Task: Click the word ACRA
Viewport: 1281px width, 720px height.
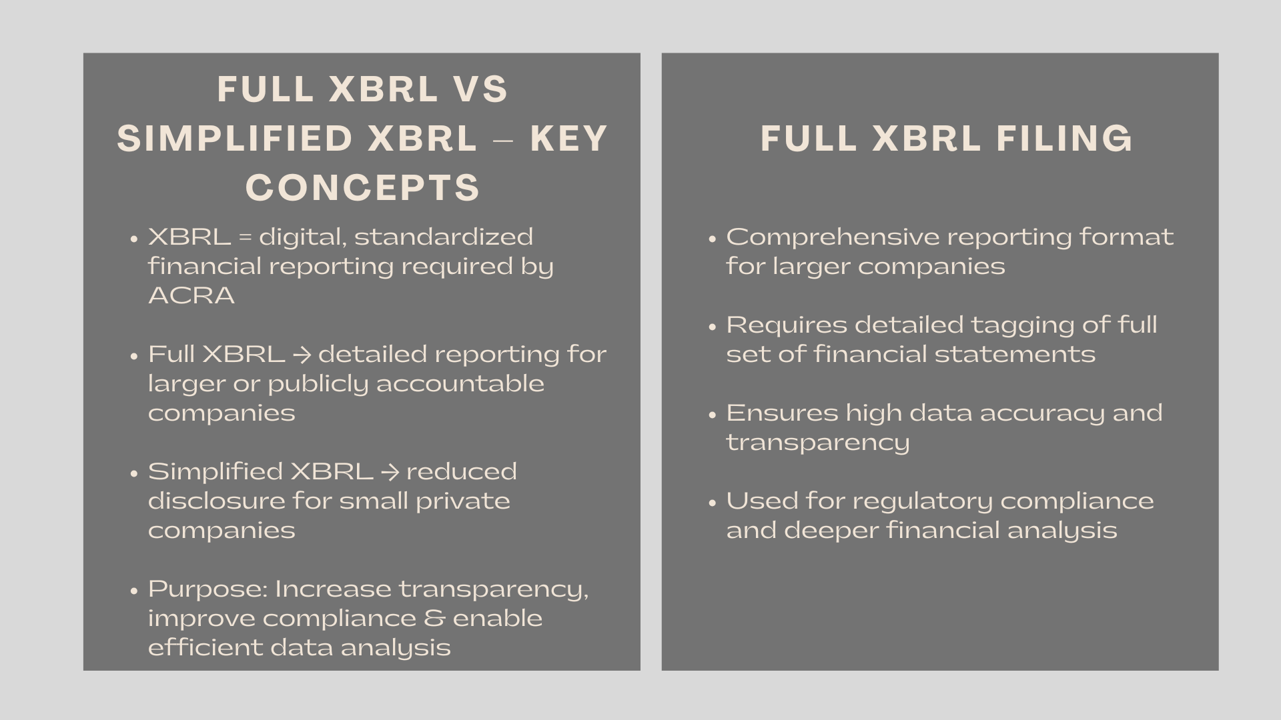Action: click(191, 295)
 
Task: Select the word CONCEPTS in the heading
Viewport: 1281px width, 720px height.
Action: click(362, 187)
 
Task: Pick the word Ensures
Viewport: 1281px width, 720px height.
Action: click(781, 413)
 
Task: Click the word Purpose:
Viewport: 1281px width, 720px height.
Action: click(207, 589)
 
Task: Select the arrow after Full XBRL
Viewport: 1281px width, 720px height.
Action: click(302, 355)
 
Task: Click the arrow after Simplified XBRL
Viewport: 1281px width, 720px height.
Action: click(390, 472)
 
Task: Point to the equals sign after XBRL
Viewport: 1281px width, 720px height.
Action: click(245, 237)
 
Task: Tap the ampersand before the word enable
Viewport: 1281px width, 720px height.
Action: click(434, 619)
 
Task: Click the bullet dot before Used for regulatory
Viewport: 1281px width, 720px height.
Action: click(713, 503)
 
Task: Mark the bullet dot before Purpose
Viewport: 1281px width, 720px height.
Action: click(134, 591)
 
